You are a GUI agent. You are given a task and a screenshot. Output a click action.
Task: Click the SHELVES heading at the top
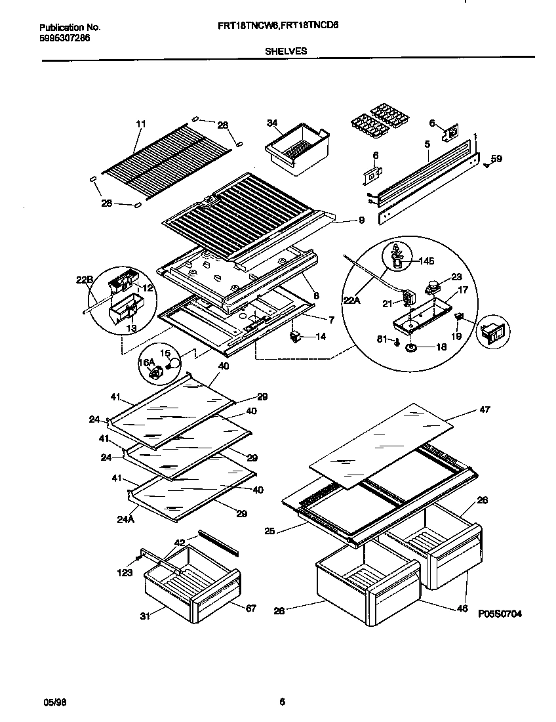click(x=287, y=51)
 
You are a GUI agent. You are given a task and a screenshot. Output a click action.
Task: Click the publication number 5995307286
click(x=65, y=38)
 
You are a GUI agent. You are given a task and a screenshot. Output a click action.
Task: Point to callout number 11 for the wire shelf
click(x=140, y=124)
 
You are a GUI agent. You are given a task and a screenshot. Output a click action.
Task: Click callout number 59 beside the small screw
click(x=496, y=158)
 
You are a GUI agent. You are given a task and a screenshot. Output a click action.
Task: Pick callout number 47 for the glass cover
click(x=485, y=410)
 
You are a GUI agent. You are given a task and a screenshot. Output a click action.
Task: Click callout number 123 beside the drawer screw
click(x=125, y=572)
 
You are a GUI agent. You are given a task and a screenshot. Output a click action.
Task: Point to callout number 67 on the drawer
click(x=250, y=608)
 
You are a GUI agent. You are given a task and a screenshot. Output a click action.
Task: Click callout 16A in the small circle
click(x=146, y=362)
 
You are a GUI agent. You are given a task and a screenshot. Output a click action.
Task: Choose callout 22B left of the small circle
click(x=84, y=280)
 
